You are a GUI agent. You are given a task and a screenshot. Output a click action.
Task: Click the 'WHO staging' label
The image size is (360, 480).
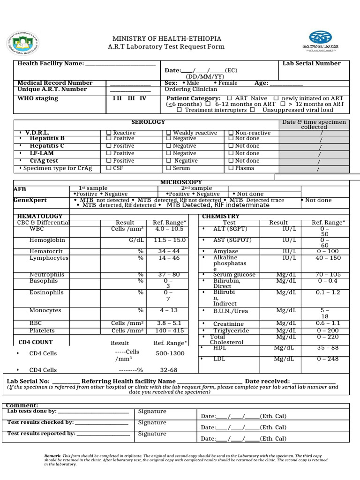pyautogui.click(x=38, y=98)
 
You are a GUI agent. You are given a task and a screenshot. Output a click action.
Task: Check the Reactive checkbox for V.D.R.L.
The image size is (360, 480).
pyautogui.click(x=109, y=133)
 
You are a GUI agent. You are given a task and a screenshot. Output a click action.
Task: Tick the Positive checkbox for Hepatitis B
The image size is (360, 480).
pyautogui.click(x=109, y=138)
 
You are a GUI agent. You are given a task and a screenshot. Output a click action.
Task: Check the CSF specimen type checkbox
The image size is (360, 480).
pyautogui.click(x=109, y=168)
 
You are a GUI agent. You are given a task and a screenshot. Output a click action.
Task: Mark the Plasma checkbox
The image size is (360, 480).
pyautogui.click(x=231, y=168)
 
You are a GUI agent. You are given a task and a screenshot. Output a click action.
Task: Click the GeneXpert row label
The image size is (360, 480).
pyautogui.click(x=30, y=200)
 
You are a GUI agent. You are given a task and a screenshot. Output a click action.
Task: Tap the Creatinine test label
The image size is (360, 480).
pyautogui.click(x=228, y=324)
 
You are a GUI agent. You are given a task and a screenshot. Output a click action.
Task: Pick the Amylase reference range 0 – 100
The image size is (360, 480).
pyautogui.click(x=328, y=251)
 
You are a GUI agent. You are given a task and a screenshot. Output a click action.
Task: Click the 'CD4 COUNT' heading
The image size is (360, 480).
pyautogui.click(x=36, y=342)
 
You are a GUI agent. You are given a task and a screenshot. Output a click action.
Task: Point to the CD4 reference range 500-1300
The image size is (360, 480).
pyautogui.click(x=170, y=353)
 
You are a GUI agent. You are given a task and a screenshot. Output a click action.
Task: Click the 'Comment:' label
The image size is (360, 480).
pyautogui.click(x=23, y=405)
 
